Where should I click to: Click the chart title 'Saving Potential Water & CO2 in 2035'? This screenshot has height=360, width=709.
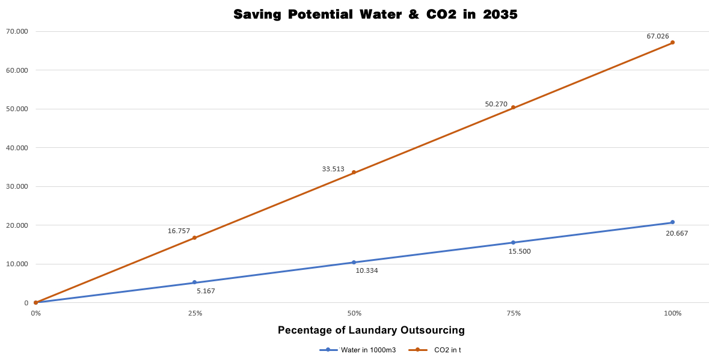coord(375,14)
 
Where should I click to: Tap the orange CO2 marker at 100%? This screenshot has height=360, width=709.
coord(672,43)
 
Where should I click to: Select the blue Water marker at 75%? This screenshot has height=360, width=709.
coord(513,243)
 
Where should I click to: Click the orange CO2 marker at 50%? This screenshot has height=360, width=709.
coord(354,172)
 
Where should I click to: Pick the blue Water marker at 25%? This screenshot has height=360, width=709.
coord(194,282)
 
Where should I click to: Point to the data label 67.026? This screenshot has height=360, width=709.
coord(657,36)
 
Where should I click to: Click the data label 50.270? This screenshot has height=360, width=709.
coord(496,104)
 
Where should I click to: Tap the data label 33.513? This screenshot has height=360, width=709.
coord(333,169)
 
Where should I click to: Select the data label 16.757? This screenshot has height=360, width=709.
coord(179,231)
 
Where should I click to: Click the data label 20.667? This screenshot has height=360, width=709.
coord(677,233)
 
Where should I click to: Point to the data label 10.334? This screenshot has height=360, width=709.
coord(367,270)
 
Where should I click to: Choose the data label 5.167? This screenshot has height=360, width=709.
coord(206,291)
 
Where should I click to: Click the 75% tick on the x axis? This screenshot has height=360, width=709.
coord(514,313)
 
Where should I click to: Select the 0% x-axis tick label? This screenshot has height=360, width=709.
coord(35,313)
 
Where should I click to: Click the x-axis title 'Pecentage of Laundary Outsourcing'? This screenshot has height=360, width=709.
coord(371,330)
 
